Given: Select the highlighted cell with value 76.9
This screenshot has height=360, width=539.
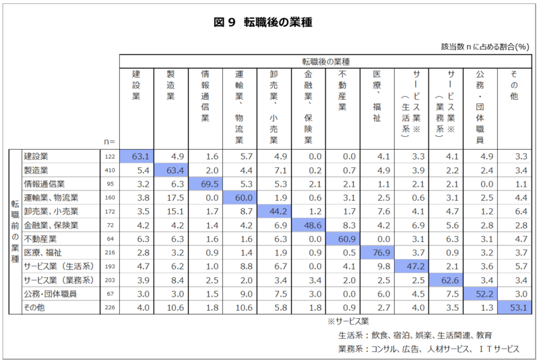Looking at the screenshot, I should [376, 252].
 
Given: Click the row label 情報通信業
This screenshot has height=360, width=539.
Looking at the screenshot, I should [44, 184].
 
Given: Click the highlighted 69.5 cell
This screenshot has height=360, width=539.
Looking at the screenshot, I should [205, 184].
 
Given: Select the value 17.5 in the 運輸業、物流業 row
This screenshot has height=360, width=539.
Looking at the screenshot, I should [170, 198].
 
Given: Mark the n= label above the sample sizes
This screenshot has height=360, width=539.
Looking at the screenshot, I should [109, 142].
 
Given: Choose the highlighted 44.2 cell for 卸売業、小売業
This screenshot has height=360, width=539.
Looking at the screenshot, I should [273, 211].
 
